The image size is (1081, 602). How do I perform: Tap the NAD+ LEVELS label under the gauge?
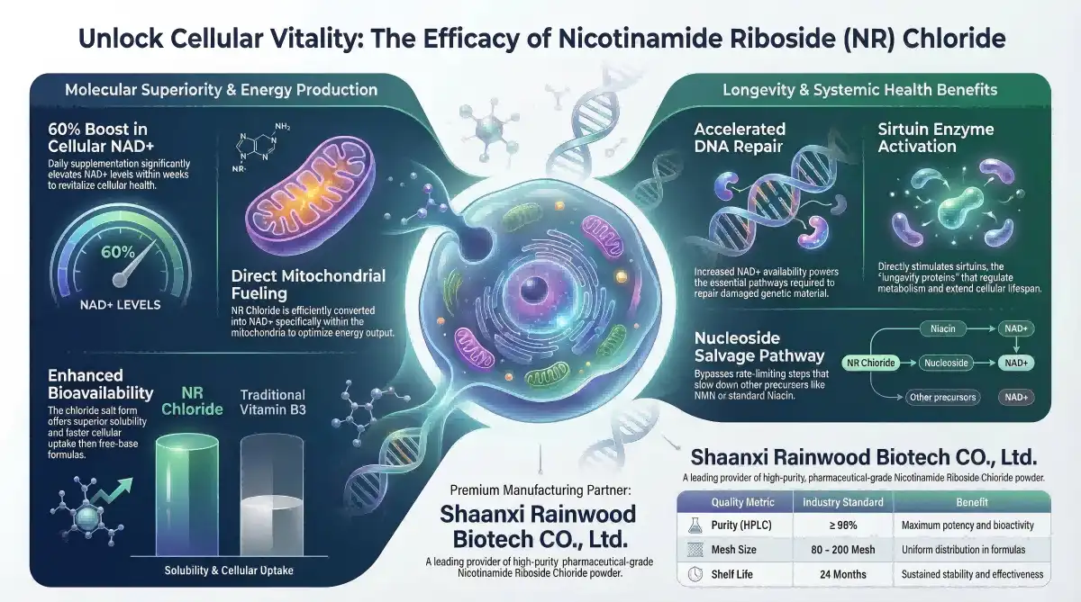120,304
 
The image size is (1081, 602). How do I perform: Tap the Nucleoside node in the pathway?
943,363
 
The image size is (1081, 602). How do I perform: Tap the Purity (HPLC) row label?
740,525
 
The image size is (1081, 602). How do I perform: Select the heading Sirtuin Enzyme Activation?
936,138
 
